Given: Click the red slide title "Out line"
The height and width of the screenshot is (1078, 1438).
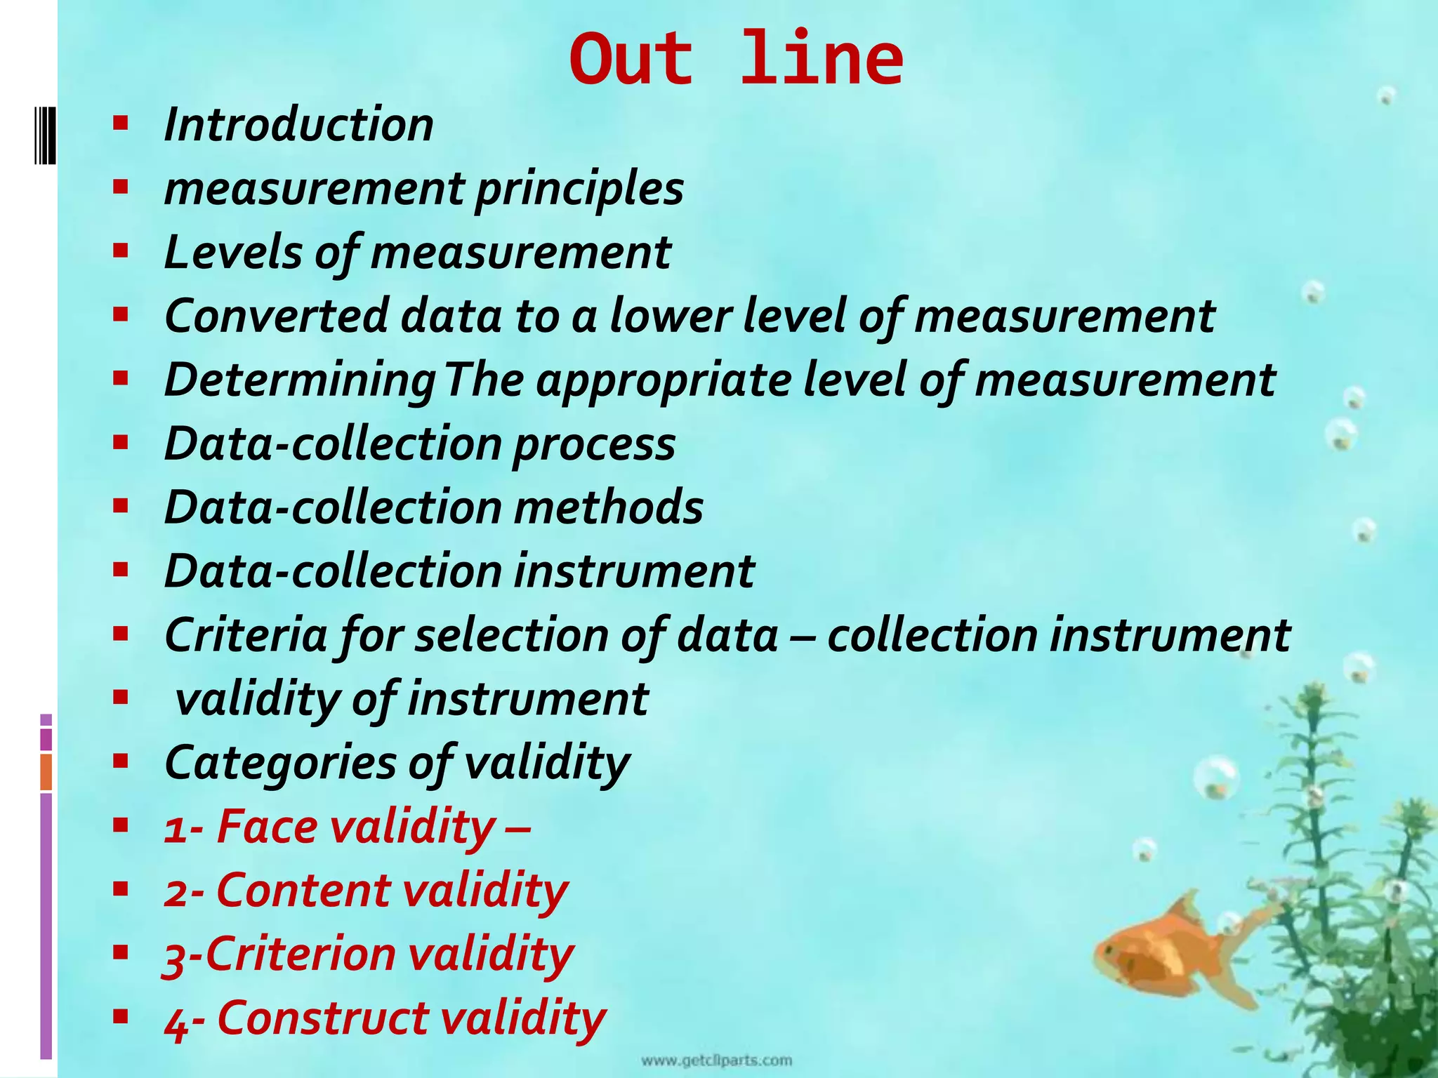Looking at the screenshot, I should point(736,59).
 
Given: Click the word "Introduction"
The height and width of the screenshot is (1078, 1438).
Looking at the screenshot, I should point(298,125).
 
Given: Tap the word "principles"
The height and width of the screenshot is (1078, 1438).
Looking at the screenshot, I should point(579,189).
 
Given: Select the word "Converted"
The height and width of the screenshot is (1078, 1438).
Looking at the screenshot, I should point(276,316).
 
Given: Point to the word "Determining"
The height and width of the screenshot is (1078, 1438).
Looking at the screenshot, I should point(300,380).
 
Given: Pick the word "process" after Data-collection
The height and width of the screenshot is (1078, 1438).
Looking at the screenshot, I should point(594,445).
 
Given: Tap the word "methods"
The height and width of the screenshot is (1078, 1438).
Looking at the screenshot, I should point(608,507).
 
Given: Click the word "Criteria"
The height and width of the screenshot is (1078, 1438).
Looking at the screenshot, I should point(246,635).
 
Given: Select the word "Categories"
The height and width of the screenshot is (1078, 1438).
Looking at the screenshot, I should point(280,763).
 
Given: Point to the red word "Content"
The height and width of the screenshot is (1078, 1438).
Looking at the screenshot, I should point(303,891).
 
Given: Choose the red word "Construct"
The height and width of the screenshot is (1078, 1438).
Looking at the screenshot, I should point(322,1018).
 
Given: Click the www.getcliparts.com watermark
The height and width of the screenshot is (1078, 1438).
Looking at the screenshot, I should point(716,1060).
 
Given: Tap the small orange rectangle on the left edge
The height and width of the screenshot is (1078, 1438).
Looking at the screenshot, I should point(46,772).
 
